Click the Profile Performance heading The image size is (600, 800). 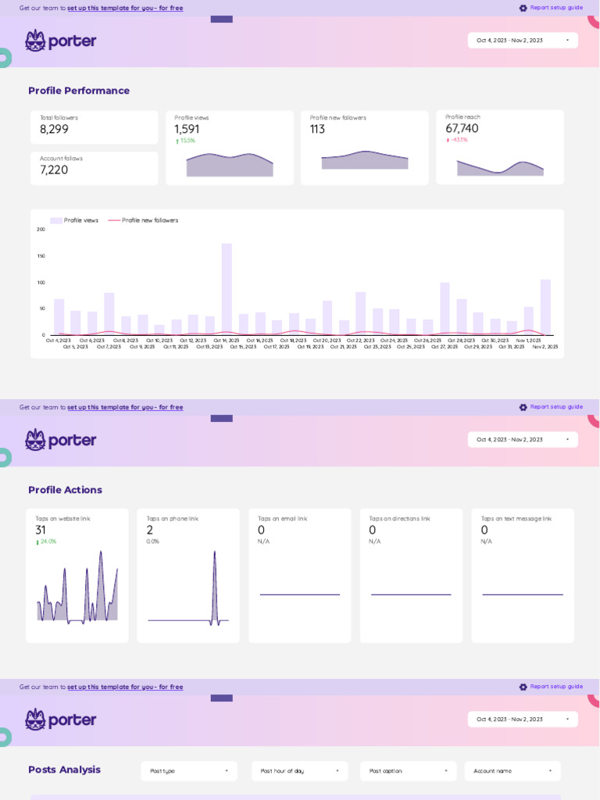[79, 91]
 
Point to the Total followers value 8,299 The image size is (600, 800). [54, 130]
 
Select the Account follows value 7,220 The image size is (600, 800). [54, 170]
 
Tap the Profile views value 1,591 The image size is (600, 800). [187, 130]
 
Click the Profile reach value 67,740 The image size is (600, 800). [462, 129]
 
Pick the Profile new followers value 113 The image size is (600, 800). [317, 130]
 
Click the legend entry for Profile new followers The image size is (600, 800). [149, 220]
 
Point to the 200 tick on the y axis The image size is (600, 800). [41, 230]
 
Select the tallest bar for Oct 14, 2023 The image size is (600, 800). [227, 289]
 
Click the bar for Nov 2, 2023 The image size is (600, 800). [545, 307]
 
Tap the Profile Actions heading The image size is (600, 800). [65, 490]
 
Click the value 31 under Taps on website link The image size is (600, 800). [41, 530]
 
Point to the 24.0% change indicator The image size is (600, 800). [48, 541]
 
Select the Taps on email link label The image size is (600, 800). [282, 519]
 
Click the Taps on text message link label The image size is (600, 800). [516, 519]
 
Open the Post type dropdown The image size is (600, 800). [189, 771]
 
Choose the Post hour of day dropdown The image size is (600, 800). [300, 771]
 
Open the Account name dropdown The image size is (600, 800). [512, 771]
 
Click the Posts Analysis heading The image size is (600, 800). [64, 770]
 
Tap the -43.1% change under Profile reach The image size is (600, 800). [459, 141]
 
